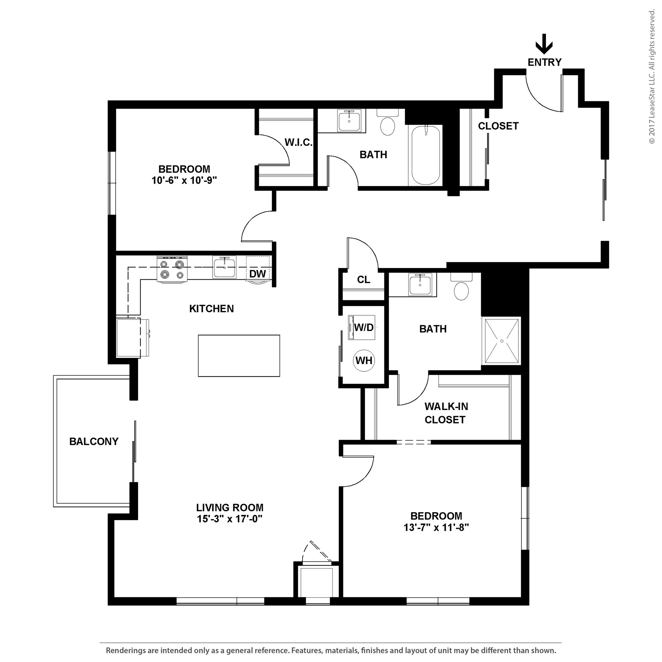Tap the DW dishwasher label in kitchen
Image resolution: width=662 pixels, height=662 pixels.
click(x=257, y=274)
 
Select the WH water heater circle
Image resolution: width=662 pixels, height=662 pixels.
click(x=364, y=360)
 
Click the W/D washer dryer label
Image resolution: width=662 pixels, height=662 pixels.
click(x=364, y=327)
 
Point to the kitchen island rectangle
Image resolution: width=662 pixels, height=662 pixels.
click(x=239, y=356)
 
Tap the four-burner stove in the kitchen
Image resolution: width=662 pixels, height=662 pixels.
click(x=172, y=269)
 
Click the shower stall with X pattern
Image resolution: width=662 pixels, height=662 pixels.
click(x=502, y=341)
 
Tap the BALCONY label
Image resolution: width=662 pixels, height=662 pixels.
click(x=94, y=441)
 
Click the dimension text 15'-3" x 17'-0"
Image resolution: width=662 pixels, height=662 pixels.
click(x=230, y=519)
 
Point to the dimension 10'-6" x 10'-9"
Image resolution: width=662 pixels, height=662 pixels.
click(x=184, y=181)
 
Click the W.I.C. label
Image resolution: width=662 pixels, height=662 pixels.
click(x=298, y=143)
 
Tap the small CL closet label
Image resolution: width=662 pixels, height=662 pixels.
click(x=364, y=280)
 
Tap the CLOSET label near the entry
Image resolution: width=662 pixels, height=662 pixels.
click(x=498, y=126)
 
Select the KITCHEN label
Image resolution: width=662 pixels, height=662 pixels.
click(x=211, y=309)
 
